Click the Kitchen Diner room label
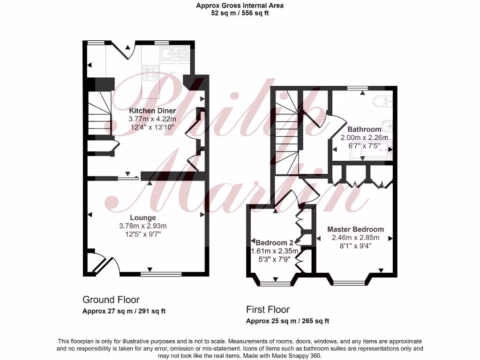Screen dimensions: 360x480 [152, 111]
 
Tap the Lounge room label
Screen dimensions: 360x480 [143, 217]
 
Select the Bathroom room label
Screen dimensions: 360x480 [364, 129]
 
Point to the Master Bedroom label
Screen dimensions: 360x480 [355, 229]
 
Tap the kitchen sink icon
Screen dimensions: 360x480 [174, 54]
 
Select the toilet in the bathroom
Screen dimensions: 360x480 [383, 101]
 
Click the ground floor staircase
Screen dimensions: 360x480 [100, 112]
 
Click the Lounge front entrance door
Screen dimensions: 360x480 [102, 265]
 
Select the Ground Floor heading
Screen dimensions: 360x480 [111, 300]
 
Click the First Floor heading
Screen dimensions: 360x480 [268, 309]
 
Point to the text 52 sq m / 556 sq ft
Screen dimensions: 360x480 [240, 13]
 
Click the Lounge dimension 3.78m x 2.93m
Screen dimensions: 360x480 [143, 226]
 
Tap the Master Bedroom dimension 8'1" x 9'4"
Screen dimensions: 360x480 [355, 246]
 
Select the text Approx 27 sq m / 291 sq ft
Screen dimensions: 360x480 [124, 311]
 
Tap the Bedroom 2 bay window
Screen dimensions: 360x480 [275, 283]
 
